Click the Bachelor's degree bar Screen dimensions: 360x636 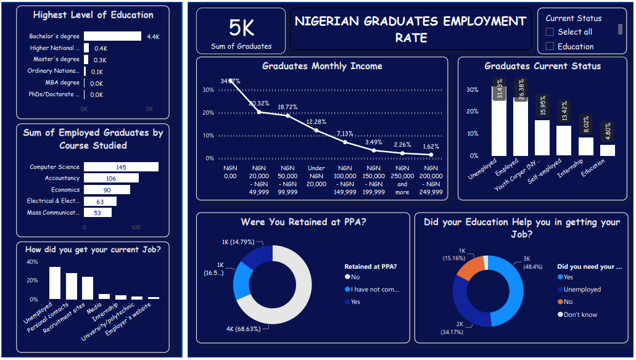(x=112, y=36)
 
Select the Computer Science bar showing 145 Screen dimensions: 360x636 (x=121, y=167)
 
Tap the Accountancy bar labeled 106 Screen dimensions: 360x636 (x=111, y=178)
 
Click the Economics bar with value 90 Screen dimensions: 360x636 (x=107, y=190)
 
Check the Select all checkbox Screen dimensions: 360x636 (x=550, y=32)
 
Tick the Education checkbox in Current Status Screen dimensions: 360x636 (x=550, y=46)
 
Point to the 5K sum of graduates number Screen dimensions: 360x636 (x=241, y=28)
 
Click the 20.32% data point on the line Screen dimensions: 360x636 (x=259, y=112)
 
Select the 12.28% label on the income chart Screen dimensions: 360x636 (x=316, y=121)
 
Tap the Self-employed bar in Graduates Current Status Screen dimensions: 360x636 (x=563, y=141)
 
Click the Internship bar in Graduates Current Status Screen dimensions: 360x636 (x=585, y=146)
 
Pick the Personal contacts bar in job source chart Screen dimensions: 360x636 (x=72, y=286)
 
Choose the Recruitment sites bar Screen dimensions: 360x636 (x=88, y=288)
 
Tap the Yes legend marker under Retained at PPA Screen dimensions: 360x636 (x=347, y=302)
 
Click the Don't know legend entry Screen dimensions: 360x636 (x=580, y=314)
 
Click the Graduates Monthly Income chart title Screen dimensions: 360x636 (x=322, y=66)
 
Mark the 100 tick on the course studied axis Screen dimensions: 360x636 (x=136, y=227)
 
